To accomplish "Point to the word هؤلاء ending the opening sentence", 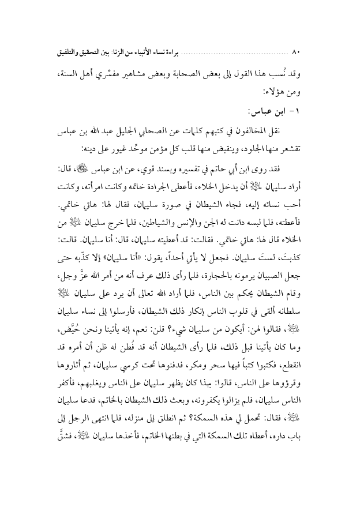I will (277, 91).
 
